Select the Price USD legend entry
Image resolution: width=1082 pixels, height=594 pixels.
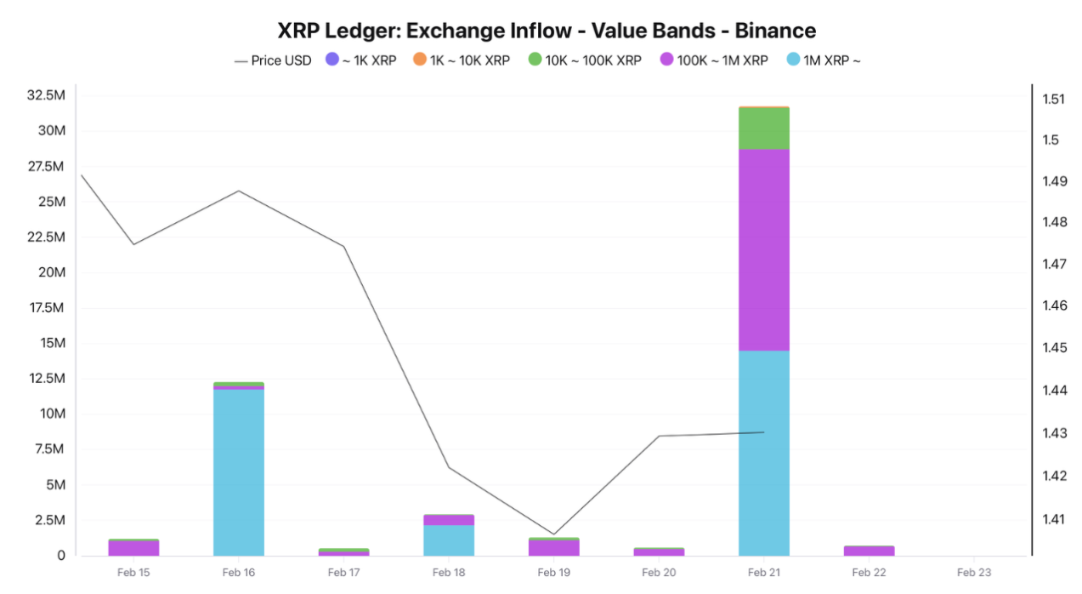[273, 60]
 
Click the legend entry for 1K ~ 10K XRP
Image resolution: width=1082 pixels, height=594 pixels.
[461, 60]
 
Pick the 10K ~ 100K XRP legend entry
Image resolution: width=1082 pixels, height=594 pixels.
[585, 60]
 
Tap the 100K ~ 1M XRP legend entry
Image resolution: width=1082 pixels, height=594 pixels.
[713, 60]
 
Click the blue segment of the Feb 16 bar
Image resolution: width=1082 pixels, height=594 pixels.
[238, 472]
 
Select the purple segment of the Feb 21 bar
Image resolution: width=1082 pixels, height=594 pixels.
[764, 249]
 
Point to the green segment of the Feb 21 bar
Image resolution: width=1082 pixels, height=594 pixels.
[764, 129]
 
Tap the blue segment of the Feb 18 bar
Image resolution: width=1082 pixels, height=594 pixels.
[449, 540]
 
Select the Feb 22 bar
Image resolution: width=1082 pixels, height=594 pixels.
[869, 551]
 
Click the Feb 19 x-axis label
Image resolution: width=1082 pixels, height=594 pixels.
[554, 573]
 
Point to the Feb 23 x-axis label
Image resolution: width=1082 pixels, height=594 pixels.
[974, 573]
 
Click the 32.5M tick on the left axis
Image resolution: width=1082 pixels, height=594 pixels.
[47, 95]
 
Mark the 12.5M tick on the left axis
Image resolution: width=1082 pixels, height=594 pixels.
[47, 378]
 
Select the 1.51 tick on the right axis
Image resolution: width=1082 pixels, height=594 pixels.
[1053, 99]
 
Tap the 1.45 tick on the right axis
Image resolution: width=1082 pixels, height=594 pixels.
[1053, 348]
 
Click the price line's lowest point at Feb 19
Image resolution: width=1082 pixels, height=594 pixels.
[554, 534]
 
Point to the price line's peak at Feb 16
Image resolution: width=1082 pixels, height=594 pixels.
[238, 191]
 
